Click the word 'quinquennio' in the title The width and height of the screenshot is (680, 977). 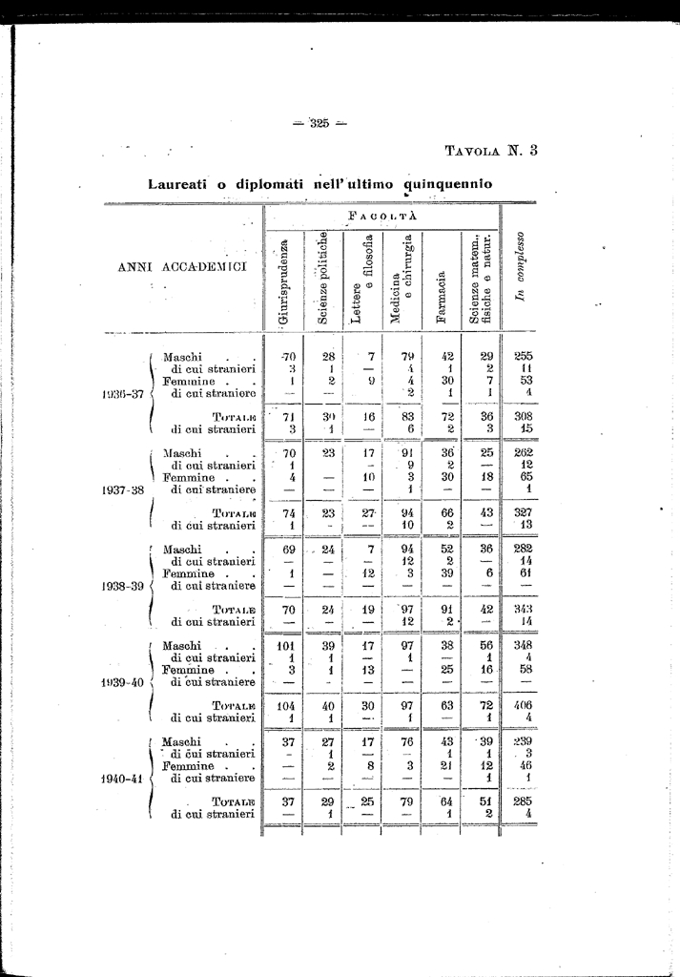(x=448, y=181)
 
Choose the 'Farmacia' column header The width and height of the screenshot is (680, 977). (x=441, y=299)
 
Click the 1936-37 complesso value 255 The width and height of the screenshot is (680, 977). (x=523, y=357)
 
